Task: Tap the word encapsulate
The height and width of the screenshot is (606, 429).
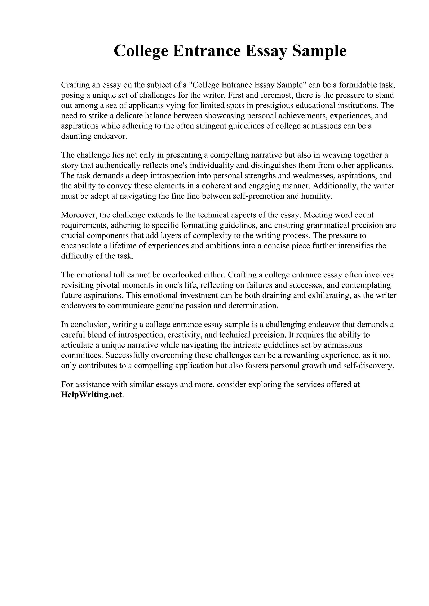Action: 81,246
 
